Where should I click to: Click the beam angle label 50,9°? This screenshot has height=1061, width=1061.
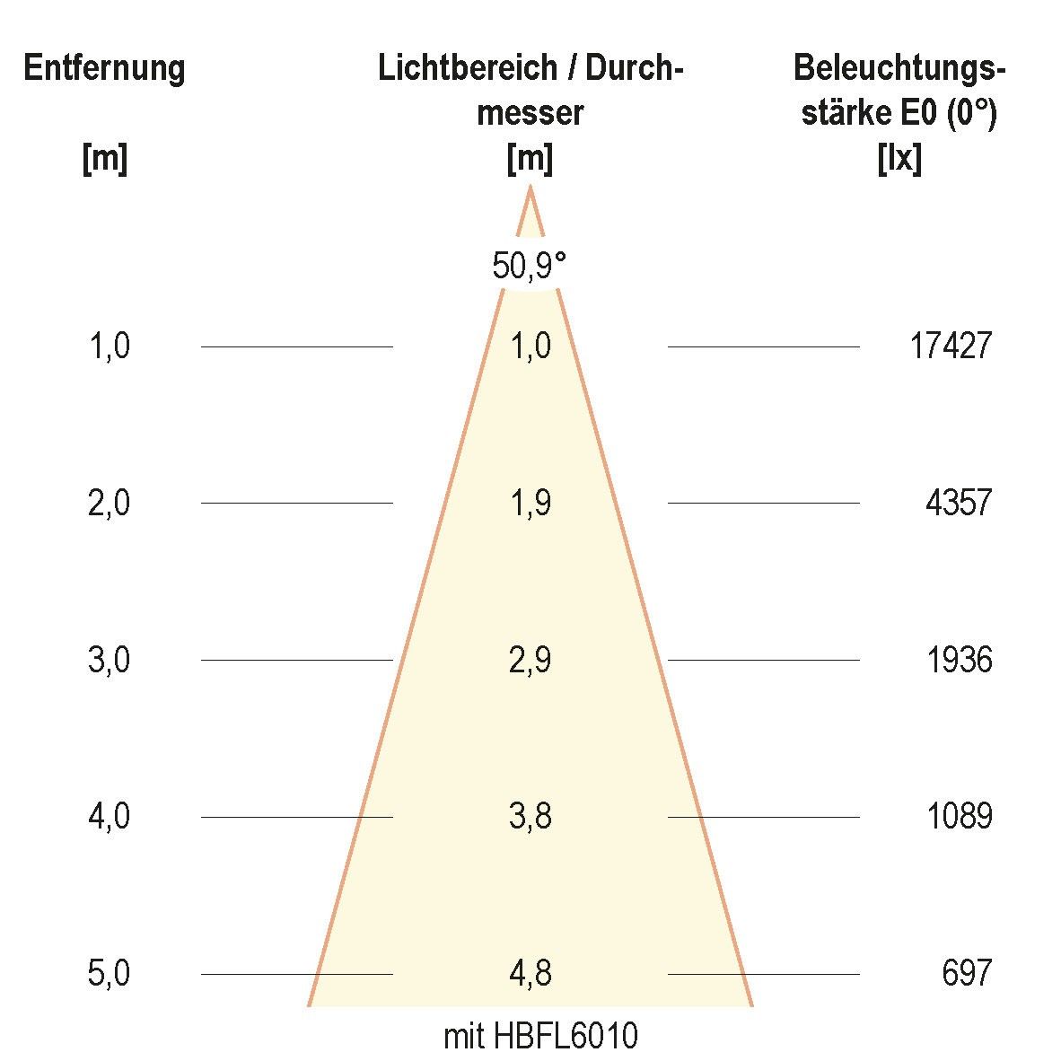[x=530, y=267]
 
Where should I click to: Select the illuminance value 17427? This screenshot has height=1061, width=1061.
[x=951, y=346]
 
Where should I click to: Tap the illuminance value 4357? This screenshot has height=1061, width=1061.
[x=959, y=503]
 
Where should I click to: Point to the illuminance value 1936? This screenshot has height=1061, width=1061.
[x=959, y=660]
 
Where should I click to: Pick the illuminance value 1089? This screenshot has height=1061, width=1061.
[x=959, y=817]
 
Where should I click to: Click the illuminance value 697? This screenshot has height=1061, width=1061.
[x=967, y=973]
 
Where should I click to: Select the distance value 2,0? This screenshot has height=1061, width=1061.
[x=109, y=504]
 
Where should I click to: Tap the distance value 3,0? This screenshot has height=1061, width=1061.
[x=109, y=661]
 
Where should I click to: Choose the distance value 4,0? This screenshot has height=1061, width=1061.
[x=109, y=818]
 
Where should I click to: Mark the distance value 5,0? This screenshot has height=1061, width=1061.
[x=109, y=974]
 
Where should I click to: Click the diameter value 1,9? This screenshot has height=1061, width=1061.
[x=530, y=504]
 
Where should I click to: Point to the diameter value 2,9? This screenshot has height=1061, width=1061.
[x=530, y=661]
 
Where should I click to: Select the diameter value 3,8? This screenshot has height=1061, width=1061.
[x=530, y=818]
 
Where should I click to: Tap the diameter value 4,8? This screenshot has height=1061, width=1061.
[x=530, y=974]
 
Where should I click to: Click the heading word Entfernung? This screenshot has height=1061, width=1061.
[x=104, y=68]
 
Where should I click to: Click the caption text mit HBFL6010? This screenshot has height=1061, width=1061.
[x=540, y=1037]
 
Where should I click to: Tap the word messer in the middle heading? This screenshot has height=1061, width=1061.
[x=530, y=114]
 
